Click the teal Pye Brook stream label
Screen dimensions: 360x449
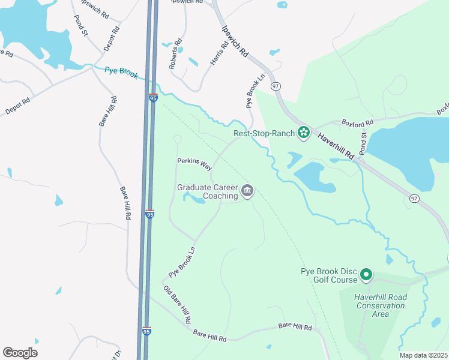(121, 73)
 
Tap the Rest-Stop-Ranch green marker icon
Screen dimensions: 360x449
(304, 131)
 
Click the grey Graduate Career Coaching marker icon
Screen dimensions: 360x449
(247, 191)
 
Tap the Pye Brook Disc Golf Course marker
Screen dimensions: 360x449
(366, 275)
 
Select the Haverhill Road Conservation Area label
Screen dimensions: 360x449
(381, 305)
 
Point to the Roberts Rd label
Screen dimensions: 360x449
(175, 54)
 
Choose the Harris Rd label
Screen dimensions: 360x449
(219, 53)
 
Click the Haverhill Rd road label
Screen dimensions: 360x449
(338, 145)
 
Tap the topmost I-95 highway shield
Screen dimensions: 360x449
(153, 97)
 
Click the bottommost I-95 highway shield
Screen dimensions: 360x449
(147, 331)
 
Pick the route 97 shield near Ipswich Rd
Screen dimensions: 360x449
(276, 87)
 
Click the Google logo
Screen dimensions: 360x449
(20, 353)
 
